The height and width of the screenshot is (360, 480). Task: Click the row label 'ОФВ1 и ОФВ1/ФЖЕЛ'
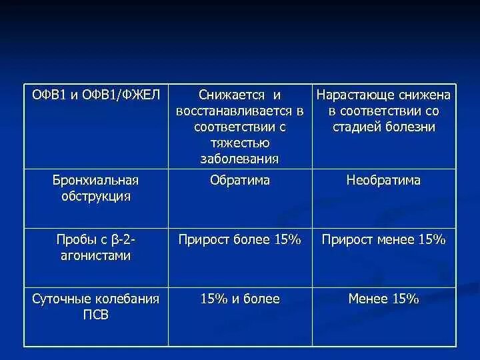click(97, 95)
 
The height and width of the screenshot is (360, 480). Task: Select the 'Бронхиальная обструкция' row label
click(95, 188)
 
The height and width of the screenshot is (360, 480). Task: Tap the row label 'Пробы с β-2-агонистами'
click(95, 247)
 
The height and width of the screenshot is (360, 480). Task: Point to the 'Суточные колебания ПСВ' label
click(96, 307)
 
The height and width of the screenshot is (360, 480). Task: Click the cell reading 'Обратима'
click(240, 181)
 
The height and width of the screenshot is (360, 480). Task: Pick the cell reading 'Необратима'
click(383, 181)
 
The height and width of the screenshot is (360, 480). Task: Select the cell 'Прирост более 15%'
click(240, 240)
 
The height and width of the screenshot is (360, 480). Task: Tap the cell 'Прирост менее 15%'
click(383, 240)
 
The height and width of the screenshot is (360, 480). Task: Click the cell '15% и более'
click(240, 299)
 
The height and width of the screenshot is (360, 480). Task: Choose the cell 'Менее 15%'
click(383, 299)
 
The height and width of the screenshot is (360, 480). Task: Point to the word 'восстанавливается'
click(234, 111)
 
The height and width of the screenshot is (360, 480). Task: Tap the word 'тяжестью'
click(240, 143)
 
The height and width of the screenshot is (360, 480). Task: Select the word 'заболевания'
click(240, 159)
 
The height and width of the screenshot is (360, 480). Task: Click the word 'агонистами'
click(95, 255)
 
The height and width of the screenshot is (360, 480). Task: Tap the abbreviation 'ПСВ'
click(95, 315)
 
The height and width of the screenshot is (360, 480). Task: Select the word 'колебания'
click(124, 299)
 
